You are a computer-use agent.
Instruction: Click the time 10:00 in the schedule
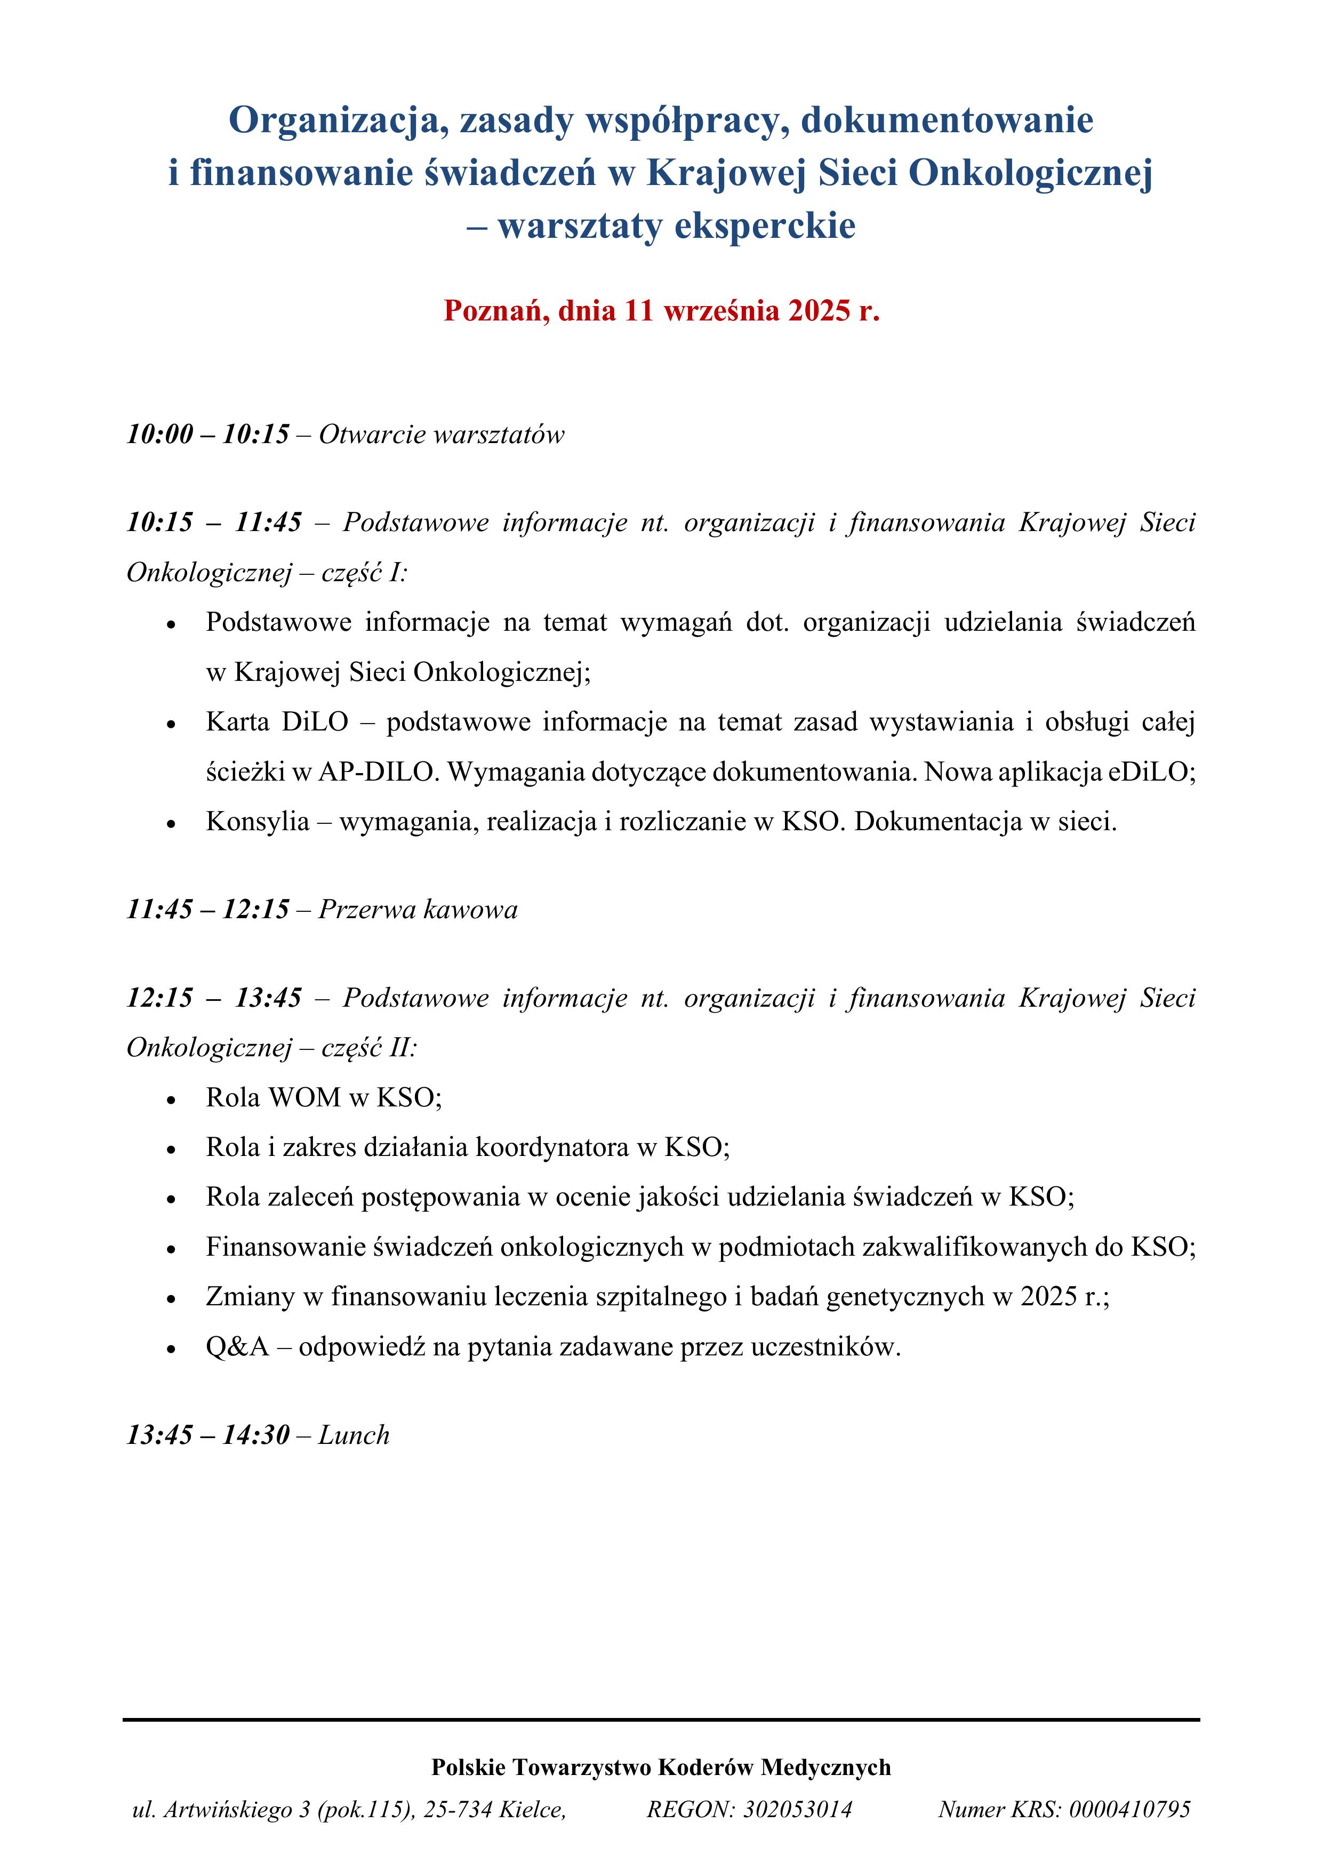click(160, 435)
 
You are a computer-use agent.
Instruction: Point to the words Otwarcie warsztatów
click(441, 435)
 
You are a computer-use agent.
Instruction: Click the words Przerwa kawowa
click(418, 910)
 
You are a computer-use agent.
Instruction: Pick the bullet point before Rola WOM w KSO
click(171, 1100)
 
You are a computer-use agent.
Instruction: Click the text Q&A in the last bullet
click(237, 1346)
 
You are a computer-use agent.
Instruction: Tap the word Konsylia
click(258, 822)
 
